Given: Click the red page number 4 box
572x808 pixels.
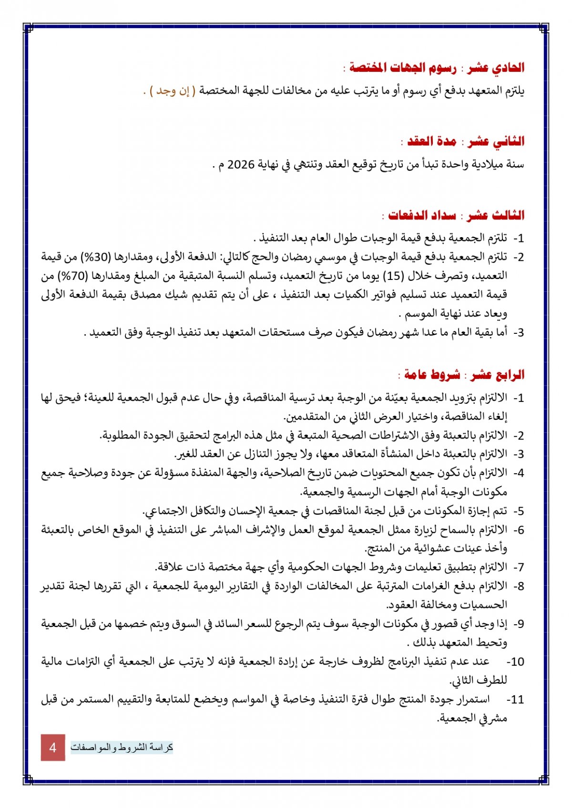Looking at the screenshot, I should tap(53, 747).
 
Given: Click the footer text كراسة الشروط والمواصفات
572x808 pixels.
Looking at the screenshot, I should tap(122, 747).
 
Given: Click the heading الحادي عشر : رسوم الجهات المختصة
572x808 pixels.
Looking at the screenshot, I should tap(437, 68).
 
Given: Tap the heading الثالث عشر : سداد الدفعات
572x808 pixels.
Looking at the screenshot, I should tap(456, 216).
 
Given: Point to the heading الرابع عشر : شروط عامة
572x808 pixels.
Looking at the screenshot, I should tap(464, 375).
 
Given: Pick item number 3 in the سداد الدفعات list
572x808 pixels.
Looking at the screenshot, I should tap(518, 333).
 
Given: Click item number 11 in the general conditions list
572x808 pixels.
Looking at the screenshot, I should tap(515, 700).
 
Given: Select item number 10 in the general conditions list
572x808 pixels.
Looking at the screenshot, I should tap(515, 662).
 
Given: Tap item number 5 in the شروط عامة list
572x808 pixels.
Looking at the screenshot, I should tap(518, 511).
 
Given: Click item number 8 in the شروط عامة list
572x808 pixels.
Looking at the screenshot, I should tap(518, 586).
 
